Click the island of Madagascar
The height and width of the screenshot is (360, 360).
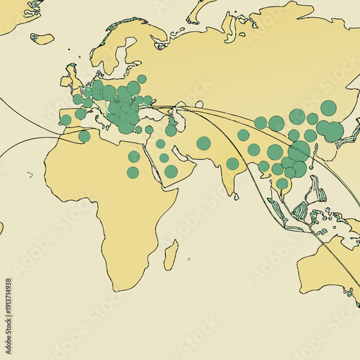click(x=171, y=256)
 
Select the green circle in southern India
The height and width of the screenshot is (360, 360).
click(x=233, y=163)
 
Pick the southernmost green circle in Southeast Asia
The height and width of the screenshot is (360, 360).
click(x=282, y=184)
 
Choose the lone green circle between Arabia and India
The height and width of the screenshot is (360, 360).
click(x=204, y=143)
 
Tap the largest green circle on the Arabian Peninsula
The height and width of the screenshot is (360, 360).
click(x=171, y=171)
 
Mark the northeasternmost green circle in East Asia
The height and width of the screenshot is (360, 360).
click(x=328, y=108)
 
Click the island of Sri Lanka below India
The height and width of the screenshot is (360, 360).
click(x=238, y=192)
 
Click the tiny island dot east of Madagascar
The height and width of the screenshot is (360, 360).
click(x=189, y=259)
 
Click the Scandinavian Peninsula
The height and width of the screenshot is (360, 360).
click(x=115, y=50)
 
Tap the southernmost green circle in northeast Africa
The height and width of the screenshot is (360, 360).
click(x=133, y=172)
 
